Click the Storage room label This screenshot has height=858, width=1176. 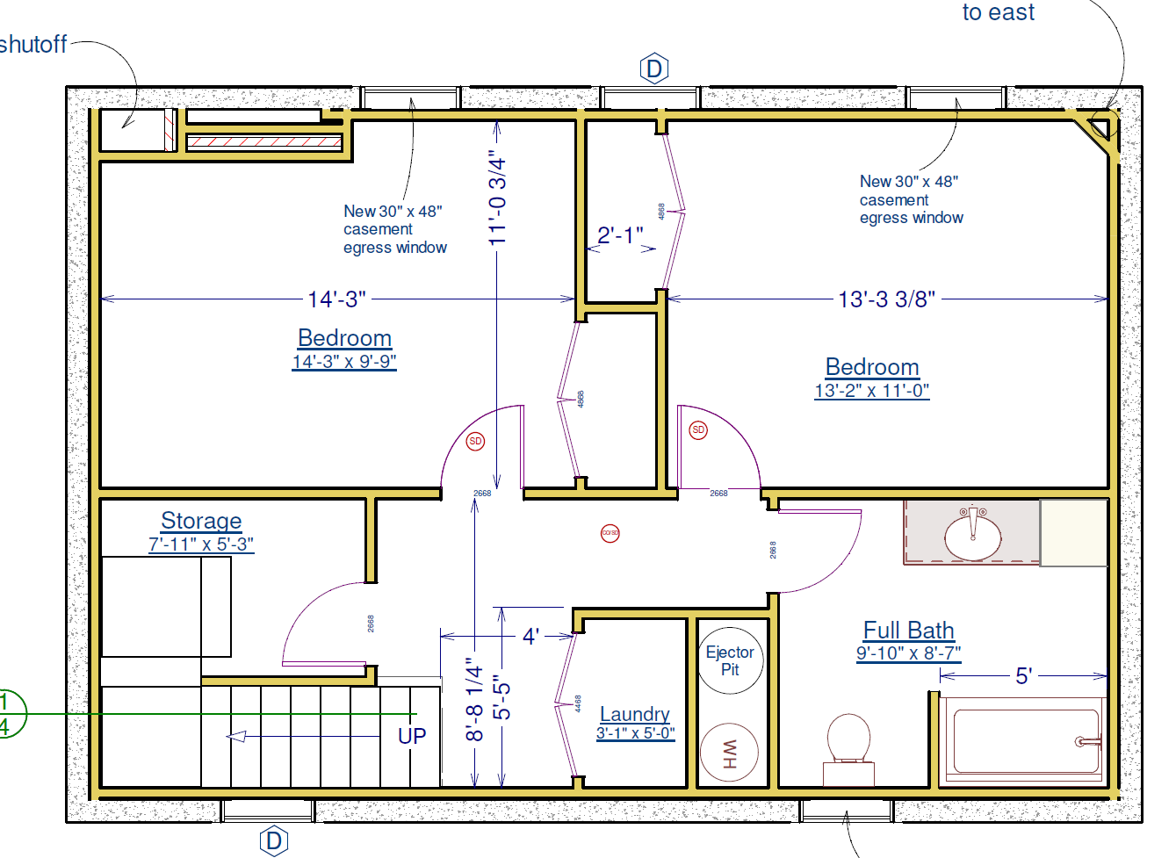(201, 521)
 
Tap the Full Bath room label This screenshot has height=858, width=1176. (908, 631)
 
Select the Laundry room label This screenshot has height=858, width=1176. (635, 714)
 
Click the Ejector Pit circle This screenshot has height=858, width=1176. (730, 660)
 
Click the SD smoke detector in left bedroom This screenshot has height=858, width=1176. (475, 441)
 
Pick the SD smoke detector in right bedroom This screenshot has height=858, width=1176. (698, 429)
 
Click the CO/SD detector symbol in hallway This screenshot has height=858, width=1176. (610, 533)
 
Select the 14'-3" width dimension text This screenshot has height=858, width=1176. (336, 299)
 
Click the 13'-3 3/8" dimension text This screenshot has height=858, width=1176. (886, 299)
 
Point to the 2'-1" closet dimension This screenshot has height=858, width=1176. (620, 235)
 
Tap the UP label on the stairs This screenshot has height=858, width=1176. (412, 736)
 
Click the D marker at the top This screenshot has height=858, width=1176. (654, 68)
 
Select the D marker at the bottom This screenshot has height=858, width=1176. (274, 840)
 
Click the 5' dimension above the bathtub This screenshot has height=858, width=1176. (1023, 676)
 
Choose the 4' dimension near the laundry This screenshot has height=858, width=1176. (530, 636)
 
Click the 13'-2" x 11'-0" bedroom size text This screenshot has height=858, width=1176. (871, 391)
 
